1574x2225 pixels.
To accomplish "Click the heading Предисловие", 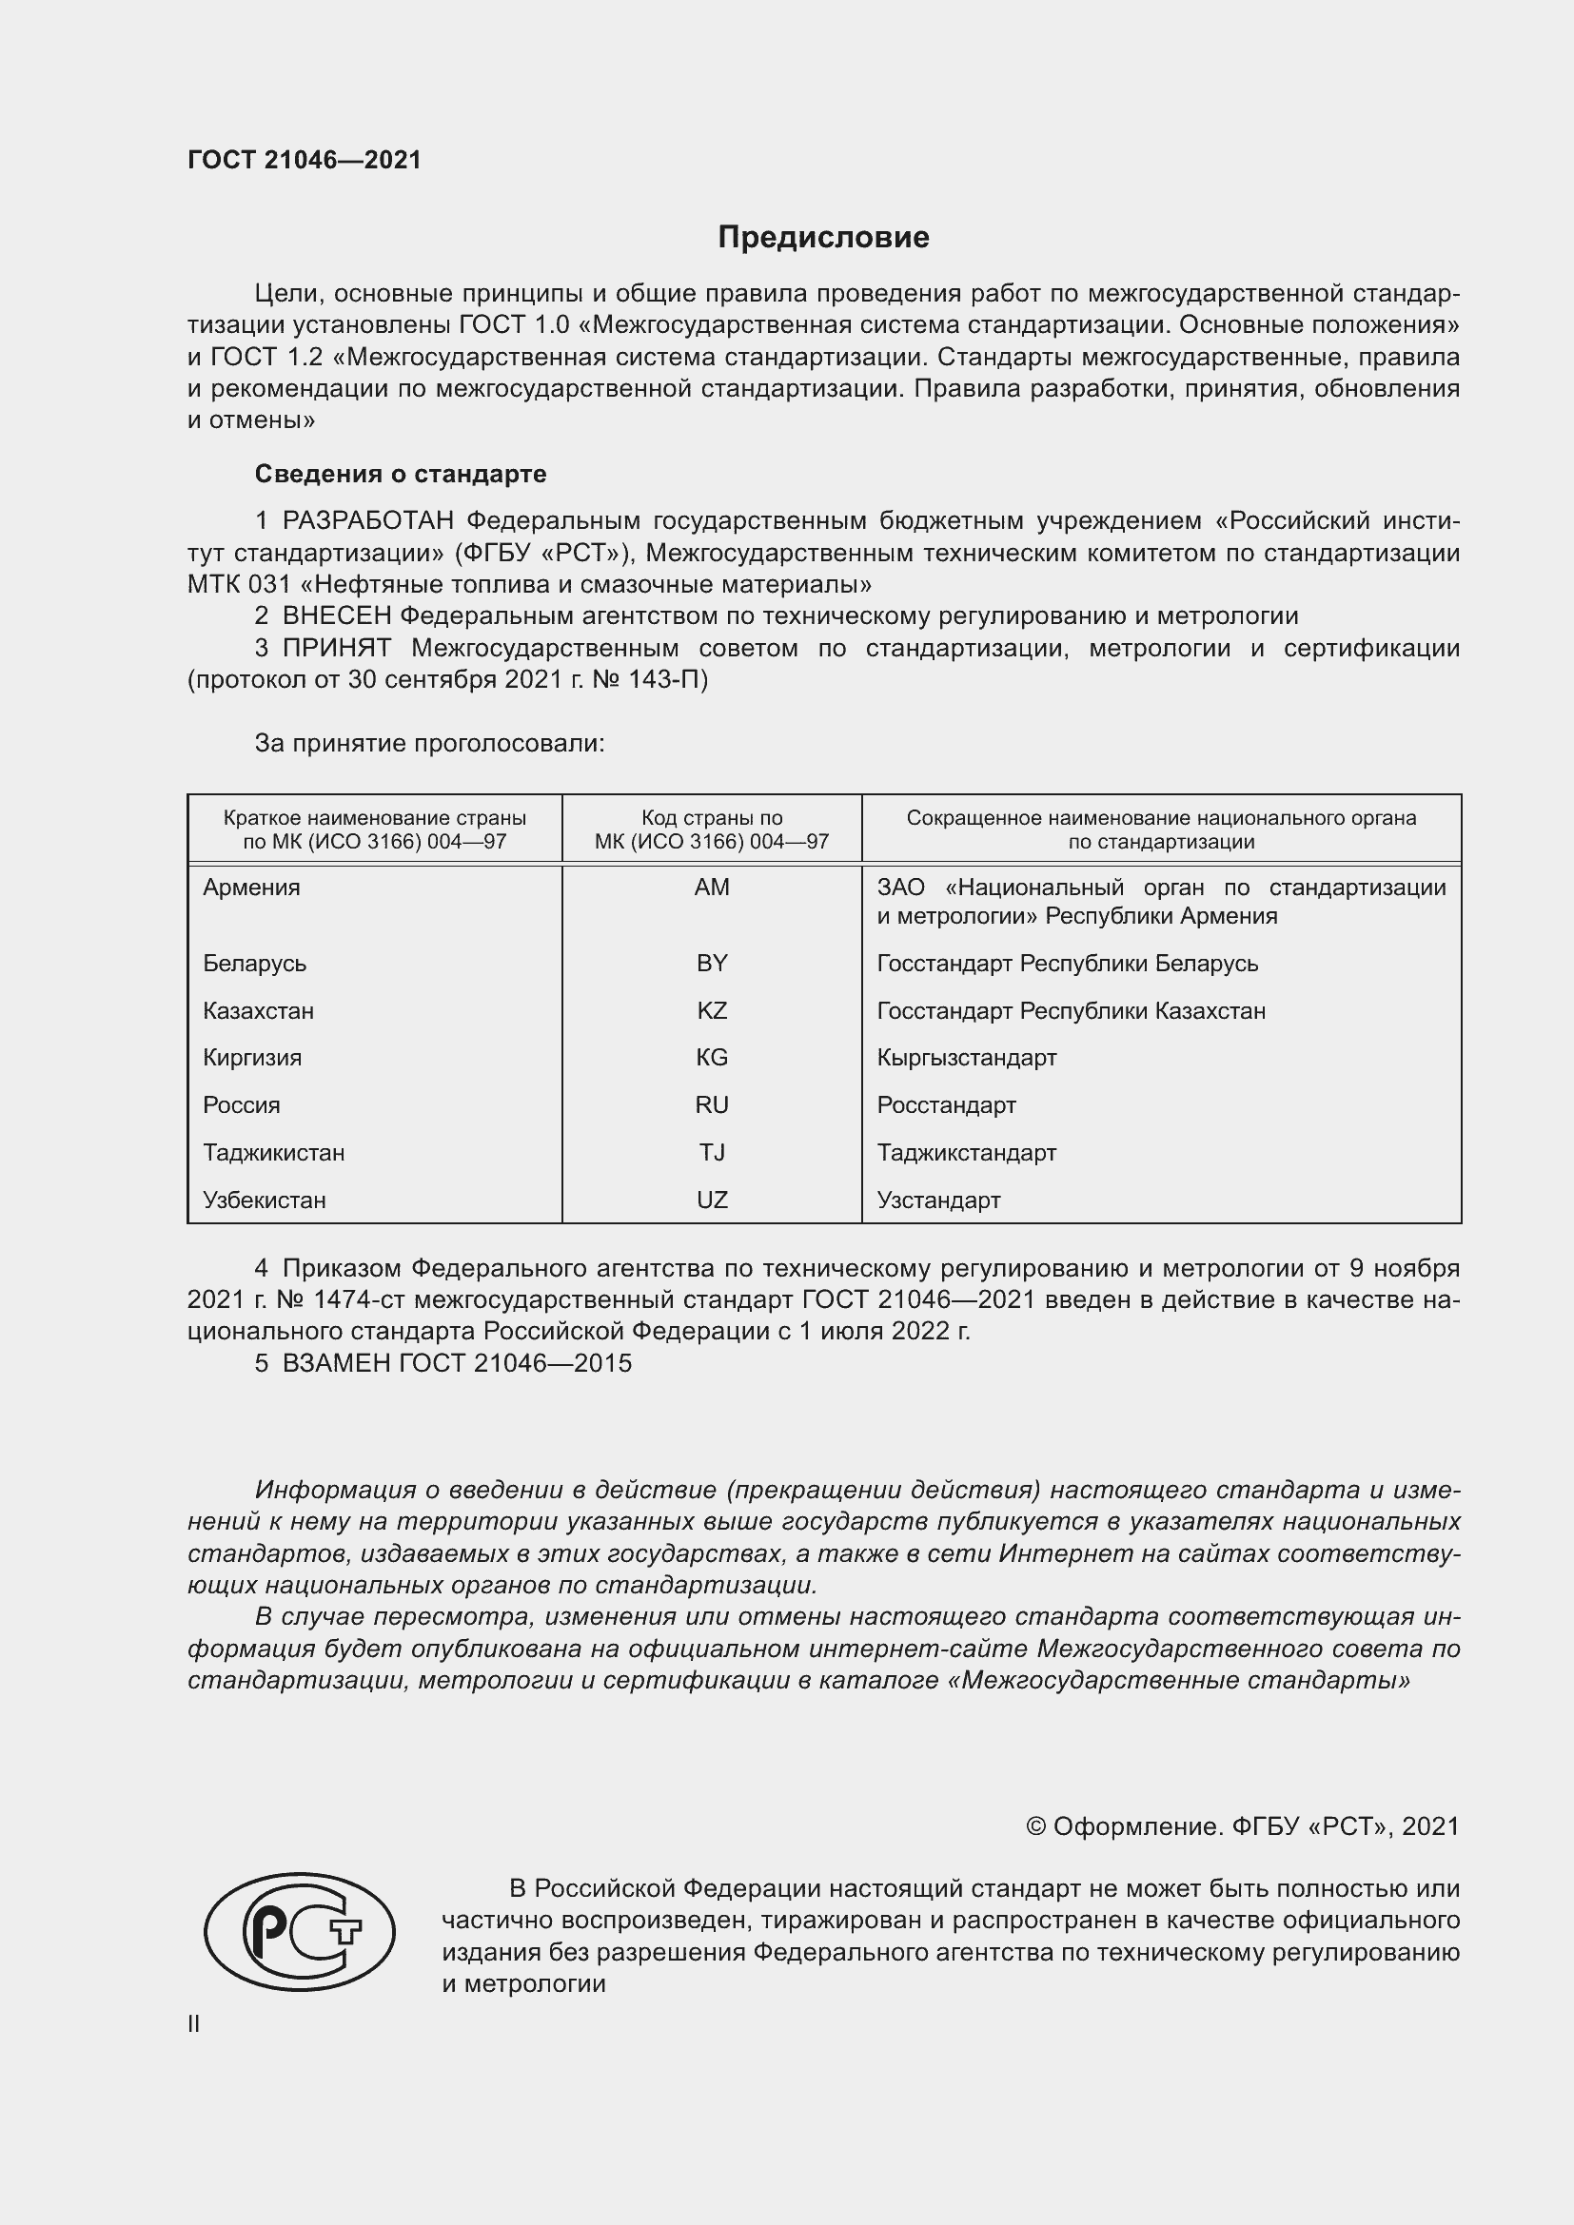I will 823,238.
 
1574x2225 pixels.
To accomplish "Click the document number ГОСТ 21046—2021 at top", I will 305,160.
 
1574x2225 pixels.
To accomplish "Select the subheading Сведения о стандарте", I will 401,474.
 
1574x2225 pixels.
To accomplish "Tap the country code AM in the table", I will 712,888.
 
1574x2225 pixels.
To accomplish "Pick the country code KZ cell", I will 712,1011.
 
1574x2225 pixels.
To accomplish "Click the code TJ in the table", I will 712,1152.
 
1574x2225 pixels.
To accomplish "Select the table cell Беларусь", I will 254,964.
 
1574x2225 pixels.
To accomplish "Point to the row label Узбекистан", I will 264,1200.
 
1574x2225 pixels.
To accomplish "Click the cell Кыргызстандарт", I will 966,1057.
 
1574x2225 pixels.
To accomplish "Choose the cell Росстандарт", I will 946,1104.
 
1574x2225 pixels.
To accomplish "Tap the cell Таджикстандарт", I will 966,1152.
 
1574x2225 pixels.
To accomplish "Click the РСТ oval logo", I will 300,1932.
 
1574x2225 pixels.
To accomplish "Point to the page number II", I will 194,2023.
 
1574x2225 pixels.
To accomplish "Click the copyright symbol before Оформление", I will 1035,1826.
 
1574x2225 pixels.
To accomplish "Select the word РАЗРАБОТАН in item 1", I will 367,521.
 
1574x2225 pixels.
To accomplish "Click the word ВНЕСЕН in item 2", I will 336,616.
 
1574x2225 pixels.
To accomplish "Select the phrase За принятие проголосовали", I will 429,743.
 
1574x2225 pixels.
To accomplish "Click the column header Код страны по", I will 712,818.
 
